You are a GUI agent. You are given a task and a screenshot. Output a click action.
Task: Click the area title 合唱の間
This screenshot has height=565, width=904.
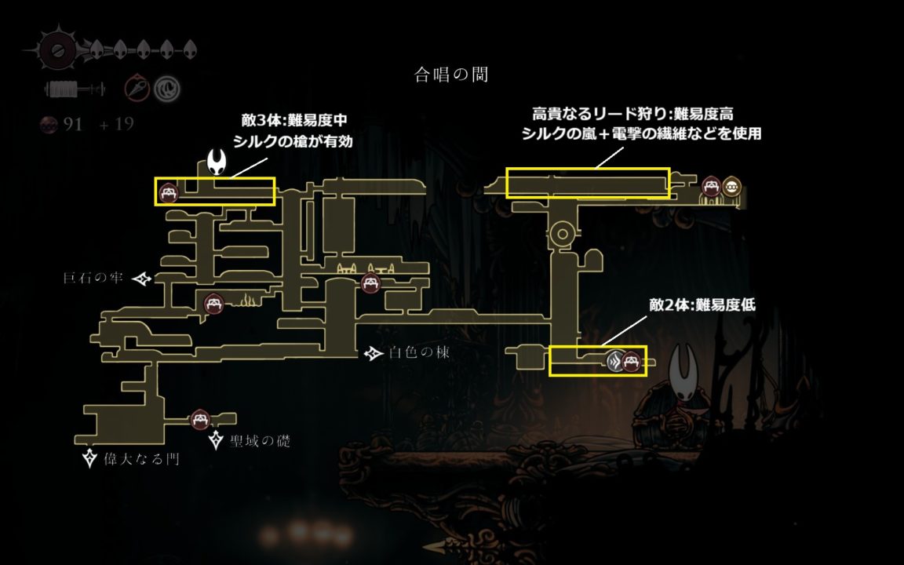(x=452, y=75)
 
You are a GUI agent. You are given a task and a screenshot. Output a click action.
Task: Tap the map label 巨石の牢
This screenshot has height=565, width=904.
(x=93, y=278)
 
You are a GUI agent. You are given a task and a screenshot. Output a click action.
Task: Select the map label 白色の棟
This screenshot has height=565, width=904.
(x=419, y=353)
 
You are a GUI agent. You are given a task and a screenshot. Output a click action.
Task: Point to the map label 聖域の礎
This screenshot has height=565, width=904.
(x=261, y=441)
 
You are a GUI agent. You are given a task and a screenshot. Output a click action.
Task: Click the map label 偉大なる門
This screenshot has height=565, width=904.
(x=141, y=458)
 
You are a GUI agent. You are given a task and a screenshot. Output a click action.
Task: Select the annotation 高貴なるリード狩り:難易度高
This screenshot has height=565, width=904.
(x=632, y=115)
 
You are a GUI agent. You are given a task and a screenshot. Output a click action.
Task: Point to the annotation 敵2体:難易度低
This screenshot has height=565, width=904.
(x=702, y=305)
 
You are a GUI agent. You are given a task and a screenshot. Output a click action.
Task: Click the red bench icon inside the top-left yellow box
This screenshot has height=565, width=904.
(x=168, y=191)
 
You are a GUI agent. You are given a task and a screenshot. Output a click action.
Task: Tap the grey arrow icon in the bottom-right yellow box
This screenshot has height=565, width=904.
(x=616, y=361)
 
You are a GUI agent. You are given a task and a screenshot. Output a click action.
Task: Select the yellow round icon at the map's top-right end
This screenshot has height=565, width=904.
(x=732, y=187)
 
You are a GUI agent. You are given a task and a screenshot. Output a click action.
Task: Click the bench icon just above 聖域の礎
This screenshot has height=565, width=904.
(x=199, y=419)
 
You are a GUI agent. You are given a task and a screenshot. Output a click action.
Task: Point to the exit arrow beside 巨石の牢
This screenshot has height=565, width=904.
(x=142, y=279)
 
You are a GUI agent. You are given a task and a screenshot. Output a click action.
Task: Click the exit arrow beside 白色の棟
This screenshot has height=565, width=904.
(x=374, y=354)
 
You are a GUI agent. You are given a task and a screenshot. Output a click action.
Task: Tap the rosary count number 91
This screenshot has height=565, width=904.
(x=73, y=124)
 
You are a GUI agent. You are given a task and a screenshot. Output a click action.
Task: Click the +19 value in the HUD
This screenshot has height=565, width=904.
(x=116, y=124)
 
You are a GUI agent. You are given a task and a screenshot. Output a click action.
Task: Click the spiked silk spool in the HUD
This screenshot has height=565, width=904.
(x=56, y=49)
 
